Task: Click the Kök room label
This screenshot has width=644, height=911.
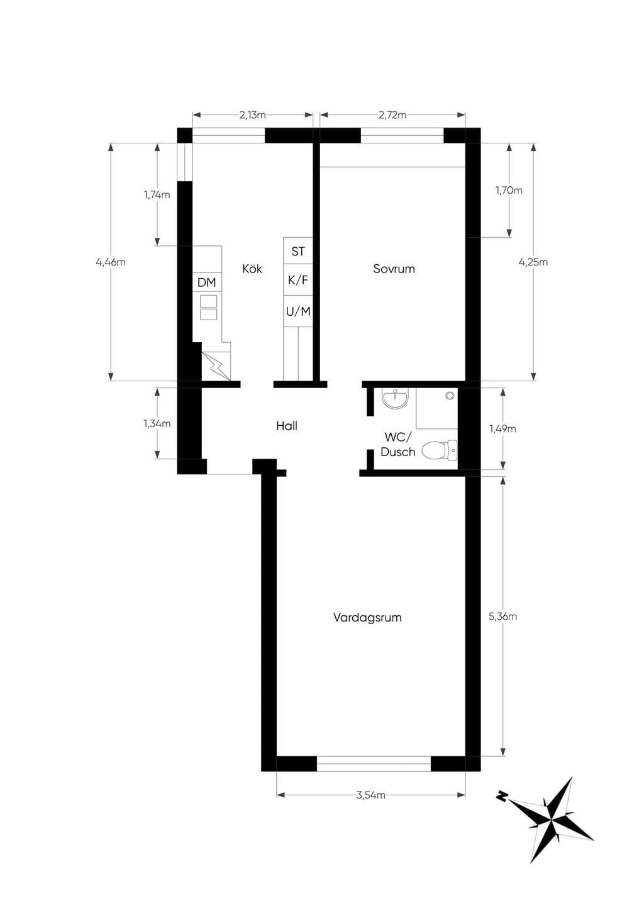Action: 252,269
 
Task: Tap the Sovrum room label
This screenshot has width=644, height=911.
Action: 394,269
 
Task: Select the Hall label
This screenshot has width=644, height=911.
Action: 287,426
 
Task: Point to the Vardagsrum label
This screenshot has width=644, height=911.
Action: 367,617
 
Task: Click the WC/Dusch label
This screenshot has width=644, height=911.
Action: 397,445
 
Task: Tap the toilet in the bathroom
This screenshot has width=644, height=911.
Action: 440,450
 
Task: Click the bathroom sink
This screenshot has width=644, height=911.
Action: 395,398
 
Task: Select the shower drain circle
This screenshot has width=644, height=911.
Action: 449,395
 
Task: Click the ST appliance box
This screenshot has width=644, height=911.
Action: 297,250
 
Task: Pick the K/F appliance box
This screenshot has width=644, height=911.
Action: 297,280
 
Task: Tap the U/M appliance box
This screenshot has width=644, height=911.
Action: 297,311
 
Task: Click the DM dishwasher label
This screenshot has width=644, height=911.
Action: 206,282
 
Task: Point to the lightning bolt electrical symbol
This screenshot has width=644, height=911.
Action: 217,366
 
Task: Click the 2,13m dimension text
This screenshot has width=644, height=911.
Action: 252,115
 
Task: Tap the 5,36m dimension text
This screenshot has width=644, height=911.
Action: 502,617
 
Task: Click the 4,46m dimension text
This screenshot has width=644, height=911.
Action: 111,262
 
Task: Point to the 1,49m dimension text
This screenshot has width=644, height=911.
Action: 502,428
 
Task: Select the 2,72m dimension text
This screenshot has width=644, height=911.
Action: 392,115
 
